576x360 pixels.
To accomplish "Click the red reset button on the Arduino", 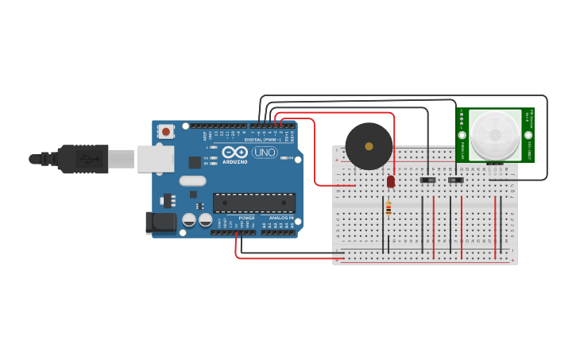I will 165,131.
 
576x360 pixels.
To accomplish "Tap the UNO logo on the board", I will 265,152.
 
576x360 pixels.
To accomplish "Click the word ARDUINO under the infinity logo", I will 234,161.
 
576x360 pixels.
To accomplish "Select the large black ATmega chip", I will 253,203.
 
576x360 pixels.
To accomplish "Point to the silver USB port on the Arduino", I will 154,159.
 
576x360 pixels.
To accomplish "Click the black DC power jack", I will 160,223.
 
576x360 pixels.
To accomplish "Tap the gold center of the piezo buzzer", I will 369,146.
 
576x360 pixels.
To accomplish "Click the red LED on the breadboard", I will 390,181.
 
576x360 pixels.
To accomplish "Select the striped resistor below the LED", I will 388,208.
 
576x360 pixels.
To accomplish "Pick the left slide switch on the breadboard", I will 428,180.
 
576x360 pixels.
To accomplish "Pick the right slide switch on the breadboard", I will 455,180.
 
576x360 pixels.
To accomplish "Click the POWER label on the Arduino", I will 246,217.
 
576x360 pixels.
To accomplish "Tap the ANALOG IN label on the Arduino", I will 280,217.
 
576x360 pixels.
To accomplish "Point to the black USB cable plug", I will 79,159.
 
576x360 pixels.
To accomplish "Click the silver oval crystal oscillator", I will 193,180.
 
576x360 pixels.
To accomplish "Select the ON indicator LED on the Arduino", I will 284,158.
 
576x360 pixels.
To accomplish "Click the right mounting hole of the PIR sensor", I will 526,136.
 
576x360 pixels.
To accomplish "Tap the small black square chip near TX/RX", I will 195,162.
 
